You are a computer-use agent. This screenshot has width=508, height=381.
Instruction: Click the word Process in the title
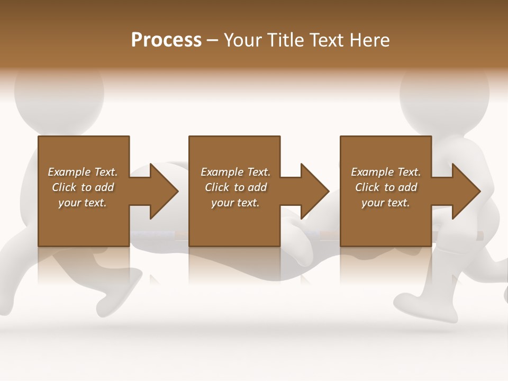click(x=166, y=40)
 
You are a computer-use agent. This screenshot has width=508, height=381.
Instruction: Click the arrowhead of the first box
click(x=164, y=191)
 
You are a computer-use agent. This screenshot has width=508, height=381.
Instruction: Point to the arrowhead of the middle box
click(x=315, y=191)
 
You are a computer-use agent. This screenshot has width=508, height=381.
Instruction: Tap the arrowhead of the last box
click(x=466, y=191)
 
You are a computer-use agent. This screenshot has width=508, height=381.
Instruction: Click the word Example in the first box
click(x=69, y=172)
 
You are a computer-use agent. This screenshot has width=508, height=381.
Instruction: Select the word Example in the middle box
click(x=222, y=172)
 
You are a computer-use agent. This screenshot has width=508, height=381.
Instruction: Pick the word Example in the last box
click(x=372, y=172)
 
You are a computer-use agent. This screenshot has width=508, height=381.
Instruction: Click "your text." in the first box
click(x=83, y=203)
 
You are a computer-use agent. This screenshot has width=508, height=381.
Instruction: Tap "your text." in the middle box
click(x=235, y=203)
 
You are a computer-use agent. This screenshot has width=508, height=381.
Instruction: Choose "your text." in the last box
click(x=385, y=203)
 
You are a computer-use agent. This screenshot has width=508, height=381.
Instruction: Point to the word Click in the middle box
click(x=217, y=187)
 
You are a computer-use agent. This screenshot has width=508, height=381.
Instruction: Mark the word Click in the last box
click(x=367, y=187)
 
